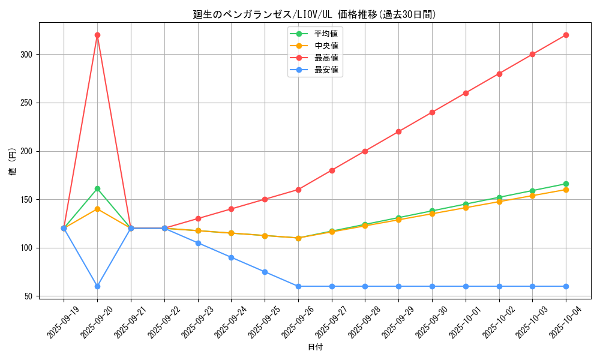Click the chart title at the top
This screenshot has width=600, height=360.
tap(314, 14)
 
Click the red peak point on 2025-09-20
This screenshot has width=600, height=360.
tap(97, 35)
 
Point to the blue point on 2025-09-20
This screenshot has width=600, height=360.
tap(97, 286)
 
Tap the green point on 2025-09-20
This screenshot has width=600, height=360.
tap(97, 188)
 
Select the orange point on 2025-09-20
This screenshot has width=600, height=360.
tap(97, 209)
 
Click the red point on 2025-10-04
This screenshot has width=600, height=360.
tap(566, 35)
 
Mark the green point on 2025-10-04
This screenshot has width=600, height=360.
tap(566, 184)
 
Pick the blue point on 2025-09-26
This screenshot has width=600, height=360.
tap(298, 286)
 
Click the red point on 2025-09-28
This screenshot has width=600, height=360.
tap(365, 151)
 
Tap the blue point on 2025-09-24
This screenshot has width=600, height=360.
tap(231, 257)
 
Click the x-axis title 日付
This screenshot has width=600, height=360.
tap(315, 347)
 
